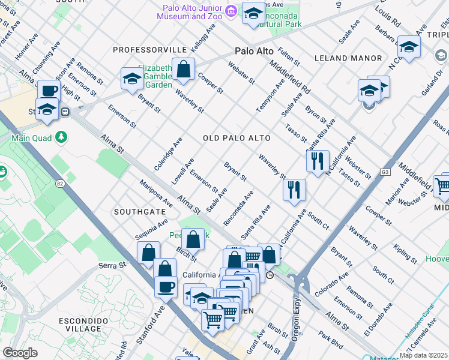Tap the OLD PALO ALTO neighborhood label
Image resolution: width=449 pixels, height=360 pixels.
[x=237, y=138]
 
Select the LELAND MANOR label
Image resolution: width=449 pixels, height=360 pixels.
[x=348, y=58]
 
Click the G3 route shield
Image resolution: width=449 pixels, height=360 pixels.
[x=385, y=173]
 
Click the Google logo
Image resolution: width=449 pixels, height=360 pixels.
[x=20, y=353]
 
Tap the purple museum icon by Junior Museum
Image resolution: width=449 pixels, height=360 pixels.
[x=231, y=11]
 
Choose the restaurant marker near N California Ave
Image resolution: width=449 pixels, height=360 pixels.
[x=318, y=161]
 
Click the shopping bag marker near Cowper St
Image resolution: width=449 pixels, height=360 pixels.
[x=183, y=70]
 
